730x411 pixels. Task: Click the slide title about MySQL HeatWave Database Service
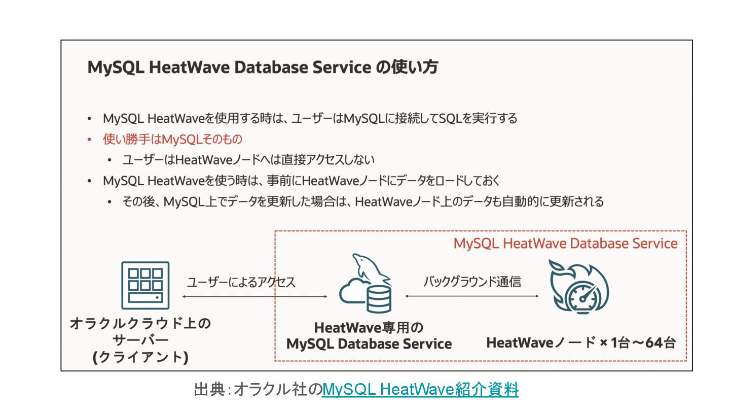click(263, 67)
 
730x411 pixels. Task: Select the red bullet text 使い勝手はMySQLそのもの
click(172, 139)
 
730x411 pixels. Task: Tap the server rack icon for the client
click(145, 285)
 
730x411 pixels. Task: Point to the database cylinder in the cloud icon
click(379, 299)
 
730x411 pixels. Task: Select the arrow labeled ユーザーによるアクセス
click(254, 296)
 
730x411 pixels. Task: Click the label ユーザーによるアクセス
click(241, 282)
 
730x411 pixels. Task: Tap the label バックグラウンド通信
click(472, 281)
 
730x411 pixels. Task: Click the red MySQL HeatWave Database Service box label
click(565, 244)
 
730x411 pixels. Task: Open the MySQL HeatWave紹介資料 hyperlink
click(420, 390)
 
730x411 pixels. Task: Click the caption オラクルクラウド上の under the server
click(140, 324)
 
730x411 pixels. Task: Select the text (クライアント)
click(140, 357)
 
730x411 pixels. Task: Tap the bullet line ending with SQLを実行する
click(310, 119)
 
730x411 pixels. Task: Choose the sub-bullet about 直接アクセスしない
click(248, 160)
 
